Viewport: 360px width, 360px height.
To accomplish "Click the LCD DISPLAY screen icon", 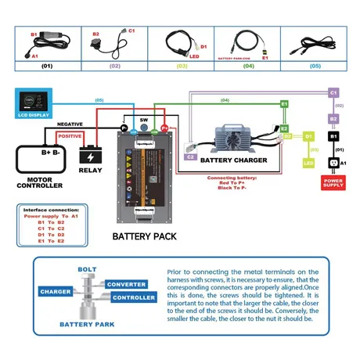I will [x=31, y=103].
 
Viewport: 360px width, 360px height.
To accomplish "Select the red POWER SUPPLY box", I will [x=333, y=183].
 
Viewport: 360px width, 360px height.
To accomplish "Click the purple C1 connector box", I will [x=333, y=93].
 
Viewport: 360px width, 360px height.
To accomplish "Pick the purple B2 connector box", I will [x=333, y=119].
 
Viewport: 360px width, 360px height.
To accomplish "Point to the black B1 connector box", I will [x=333, y=138].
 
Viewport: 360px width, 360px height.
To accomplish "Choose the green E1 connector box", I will [x=284, y=103].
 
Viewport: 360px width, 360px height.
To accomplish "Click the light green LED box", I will [x=308, y=163].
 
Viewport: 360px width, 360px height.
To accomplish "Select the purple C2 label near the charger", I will [x=190, y=157].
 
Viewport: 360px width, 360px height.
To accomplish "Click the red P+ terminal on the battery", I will [x=164, y=127].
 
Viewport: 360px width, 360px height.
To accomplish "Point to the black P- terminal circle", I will [x=124, y=127].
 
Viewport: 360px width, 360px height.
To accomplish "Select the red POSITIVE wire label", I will [x=70, y=136].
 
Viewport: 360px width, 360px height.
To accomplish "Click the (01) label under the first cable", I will [x=46, y=67].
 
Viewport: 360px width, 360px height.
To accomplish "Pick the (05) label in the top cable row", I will [x=315, y=67].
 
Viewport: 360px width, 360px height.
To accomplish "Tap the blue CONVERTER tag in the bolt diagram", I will [x=125, y=284].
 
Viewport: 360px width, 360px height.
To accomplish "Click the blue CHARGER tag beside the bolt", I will [x=56, y=291].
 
